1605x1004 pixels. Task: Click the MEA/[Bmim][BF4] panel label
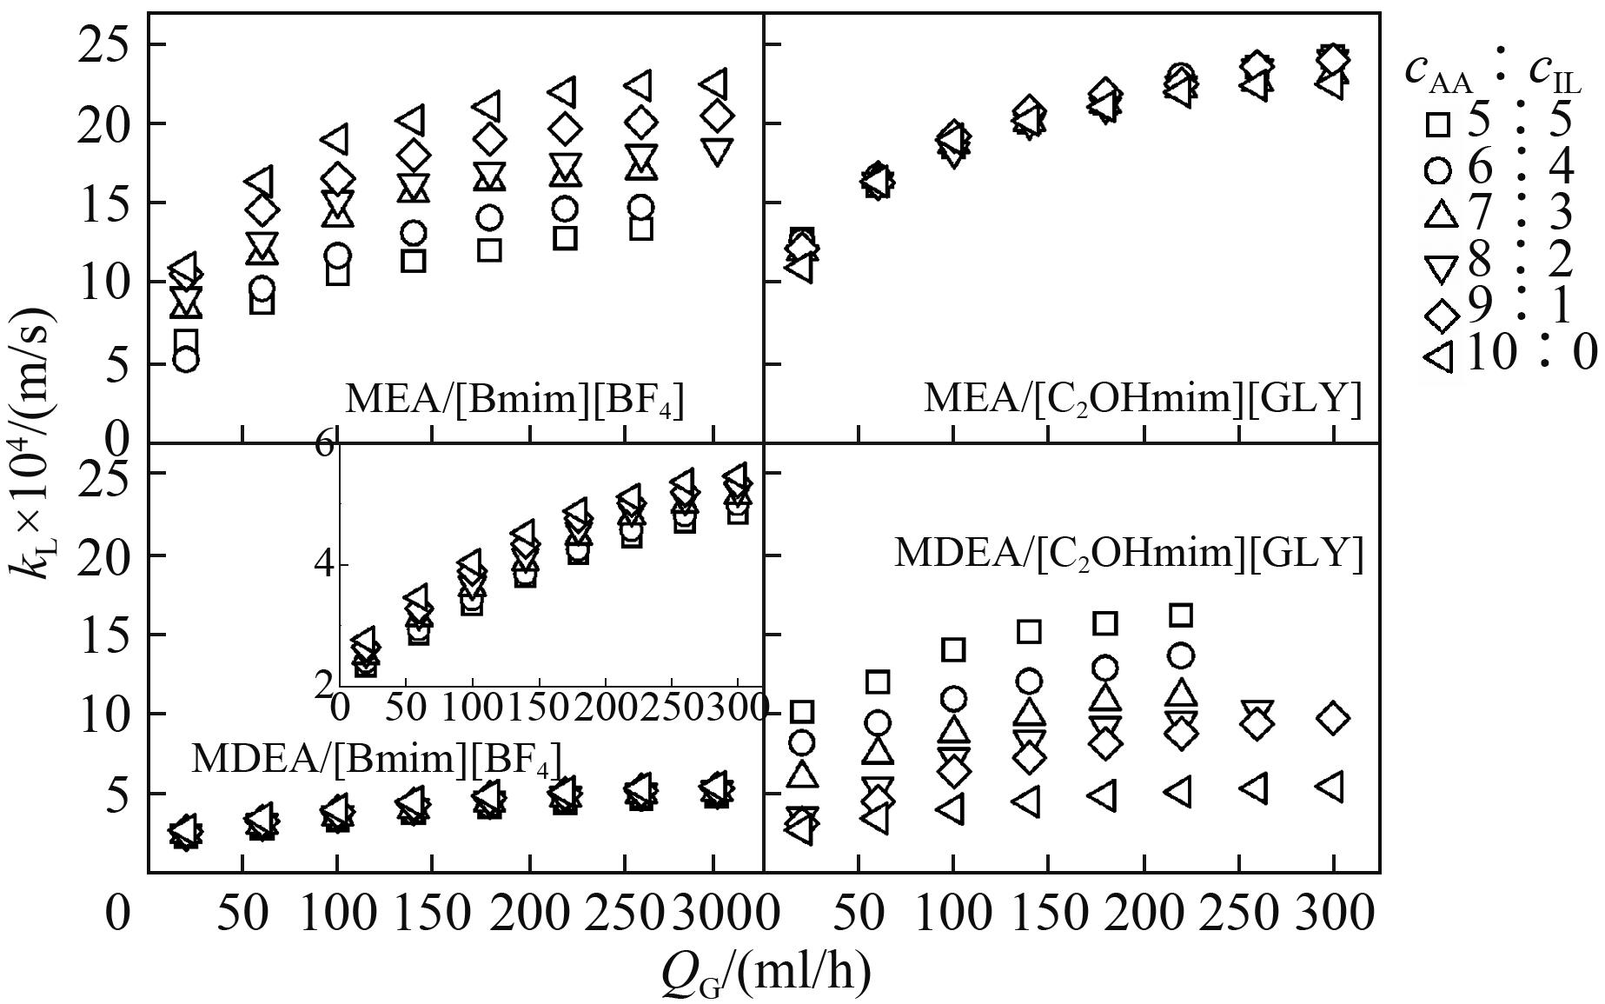[x=514, y=400]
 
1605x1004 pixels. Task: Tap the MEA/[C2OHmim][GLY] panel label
[x=1142, y=400]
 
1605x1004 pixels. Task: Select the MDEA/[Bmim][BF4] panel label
[x=375, y=758]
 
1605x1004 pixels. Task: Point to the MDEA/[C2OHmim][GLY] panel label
[x=1128, y=553]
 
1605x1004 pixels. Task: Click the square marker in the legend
[x=1438, y=126]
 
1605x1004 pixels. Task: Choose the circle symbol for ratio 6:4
[x=1438, y=170]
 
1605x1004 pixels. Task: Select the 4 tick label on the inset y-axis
[x=323, y=565]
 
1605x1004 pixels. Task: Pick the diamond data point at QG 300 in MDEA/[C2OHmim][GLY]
[x=1332, y=719]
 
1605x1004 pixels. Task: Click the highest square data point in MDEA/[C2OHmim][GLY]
[x=1180, y=615]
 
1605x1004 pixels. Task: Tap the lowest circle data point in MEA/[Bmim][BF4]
[x=186, y=360]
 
